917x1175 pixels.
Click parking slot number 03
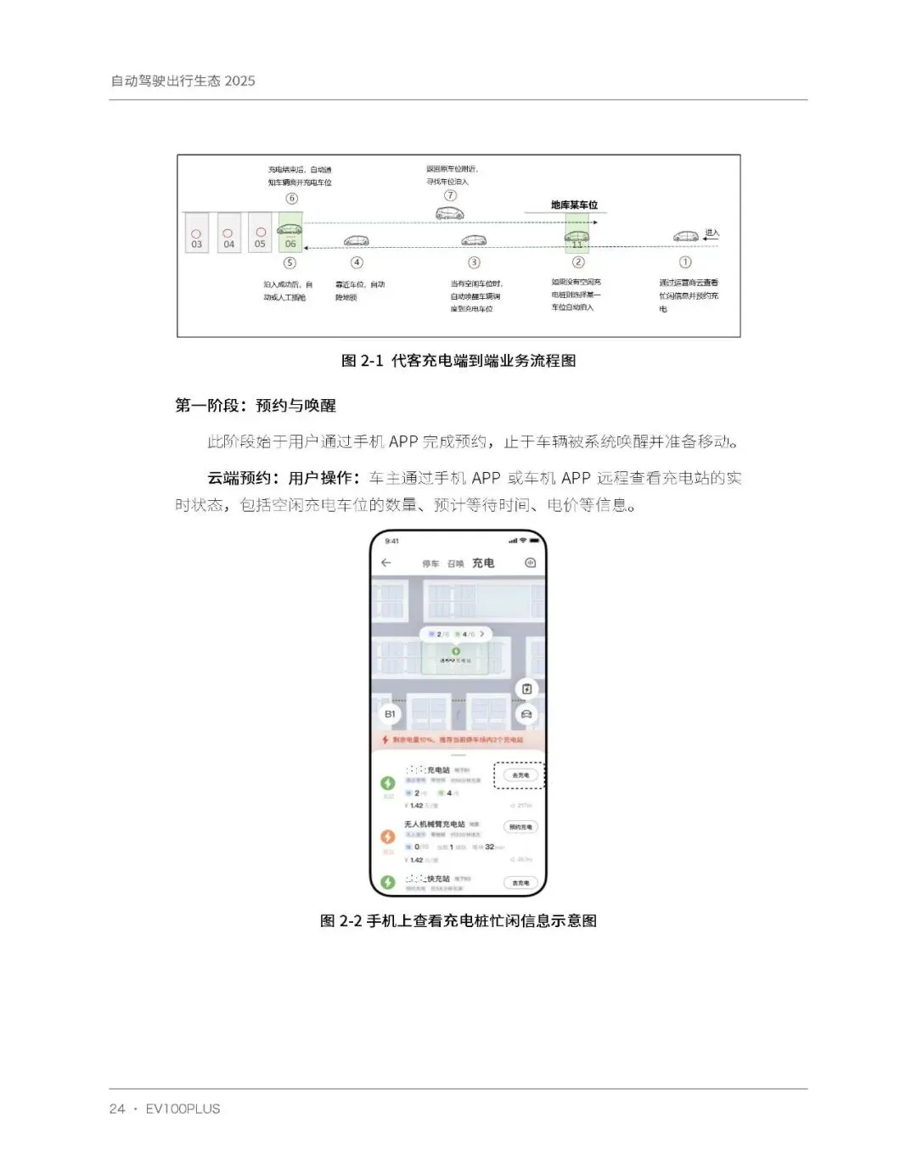point(196,234)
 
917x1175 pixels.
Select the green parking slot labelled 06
point(290,233)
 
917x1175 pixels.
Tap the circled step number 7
point(451,195)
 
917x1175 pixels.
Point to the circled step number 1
point(685,262)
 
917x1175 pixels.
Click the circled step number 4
point(357,262)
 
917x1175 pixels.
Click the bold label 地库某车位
point(574,205)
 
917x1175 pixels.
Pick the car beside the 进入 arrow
point(686,236)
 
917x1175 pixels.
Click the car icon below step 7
point(450,214)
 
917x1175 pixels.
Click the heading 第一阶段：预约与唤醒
point(256,406)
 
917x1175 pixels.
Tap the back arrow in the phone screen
point(386,563)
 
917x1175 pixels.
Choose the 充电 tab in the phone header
point(483,563)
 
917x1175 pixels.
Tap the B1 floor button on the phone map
point(390,714)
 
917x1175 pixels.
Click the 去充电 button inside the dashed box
point(520,775)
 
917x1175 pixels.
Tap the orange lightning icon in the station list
point(388,836)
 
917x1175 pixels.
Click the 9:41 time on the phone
point(391,541)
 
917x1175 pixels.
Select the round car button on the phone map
point(526,714)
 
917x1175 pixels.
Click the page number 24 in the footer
point(117,1109)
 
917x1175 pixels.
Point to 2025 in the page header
point(240,81)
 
